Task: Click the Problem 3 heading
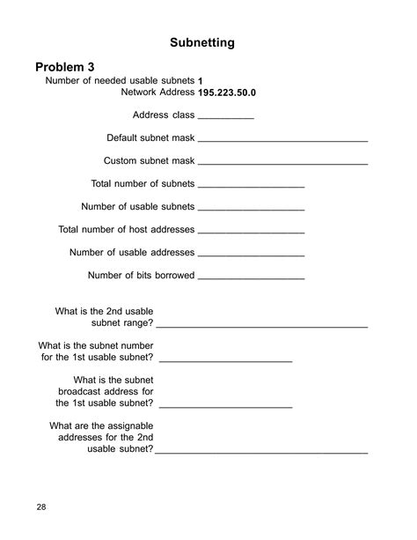coord(77,67)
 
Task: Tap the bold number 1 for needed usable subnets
coord(201,81)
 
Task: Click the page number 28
coord(42,507)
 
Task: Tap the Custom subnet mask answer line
coord(282,164)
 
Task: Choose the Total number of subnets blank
coord(252,187)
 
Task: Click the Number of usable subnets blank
coord(252,210)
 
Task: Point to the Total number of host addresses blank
coord(252,233)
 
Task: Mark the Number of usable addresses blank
coord(252,255)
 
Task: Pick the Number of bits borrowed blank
coord(252,278)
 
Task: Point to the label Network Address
coord(157,92)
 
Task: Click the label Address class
coord(164,115)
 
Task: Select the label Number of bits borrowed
coord(141,276)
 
